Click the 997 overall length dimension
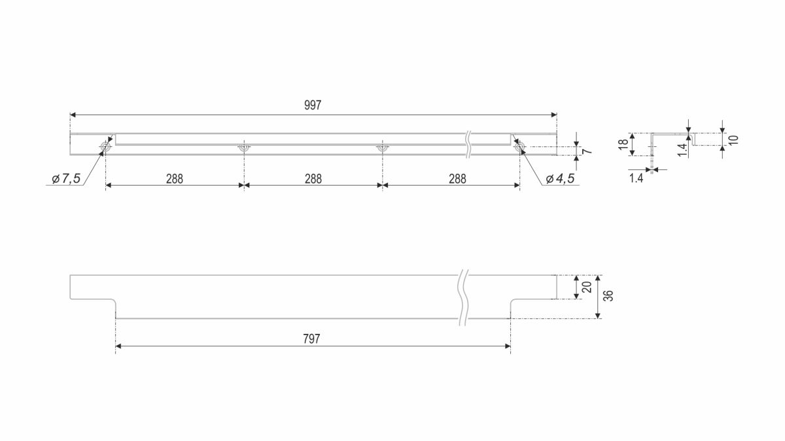[x=313, y=105]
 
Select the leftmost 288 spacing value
[x=175, y=179]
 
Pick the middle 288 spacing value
[x=313, y=179]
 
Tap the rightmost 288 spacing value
[x=457, y=179]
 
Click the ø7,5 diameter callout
[x=66, y=179]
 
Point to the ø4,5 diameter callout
[x=561, y=179]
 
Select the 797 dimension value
[x=311, y=339]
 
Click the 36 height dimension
[x=609, y=296]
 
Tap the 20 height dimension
[x=587, y=287]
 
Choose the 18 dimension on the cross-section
[x=623, y=144]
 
